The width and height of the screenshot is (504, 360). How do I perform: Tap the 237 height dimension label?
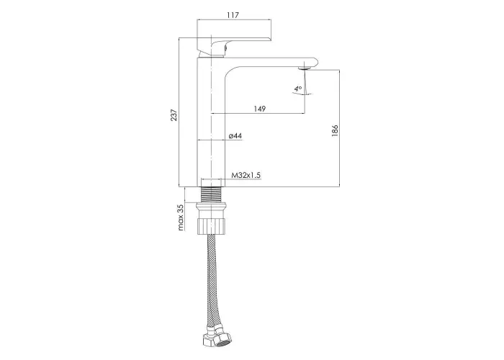coord(174,115)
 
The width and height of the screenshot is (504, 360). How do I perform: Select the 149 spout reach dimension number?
coord(260,109)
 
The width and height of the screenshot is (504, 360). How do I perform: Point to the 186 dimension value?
coord(335,131)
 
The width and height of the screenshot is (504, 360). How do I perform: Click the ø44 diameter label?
coord(235,136)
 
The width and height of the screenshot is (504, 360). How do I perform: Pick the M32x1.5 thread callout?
coord(246,175)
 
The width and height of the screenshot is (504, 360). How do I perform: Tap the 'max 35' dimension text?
coord(181,217)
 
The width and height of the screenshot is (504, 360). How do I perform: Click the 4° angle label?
coord(298,88)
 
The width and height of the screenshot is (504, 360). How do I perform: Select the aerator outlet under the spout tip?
coord(305,68)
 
